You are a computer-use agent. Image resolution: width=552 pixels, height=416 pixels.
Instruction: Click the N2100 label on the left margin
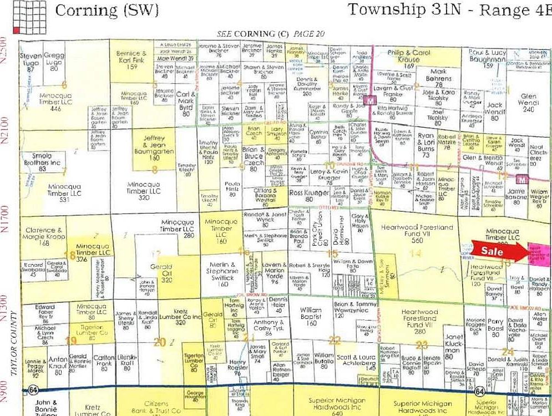click(x=6, y=130)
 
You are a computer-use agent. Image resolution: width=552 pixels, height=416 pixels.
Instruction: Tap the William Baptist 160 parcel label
click(x=311, y=316)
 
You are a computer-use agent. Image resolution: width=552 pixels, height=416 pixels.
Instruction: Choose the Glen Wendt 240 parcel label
click(x=528, y=102)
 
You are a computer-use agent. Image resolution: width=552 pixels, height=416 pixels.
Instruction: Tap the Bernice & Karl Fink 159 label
click(x=131, y=60)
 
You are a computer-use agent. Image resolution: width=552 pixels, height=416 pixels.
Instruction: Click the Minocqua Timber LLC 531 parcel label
click(x=65, y=192)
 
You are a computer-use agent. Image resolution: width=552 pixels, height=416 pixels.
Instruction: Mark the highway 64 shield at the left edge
click(x=26, y=392)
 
